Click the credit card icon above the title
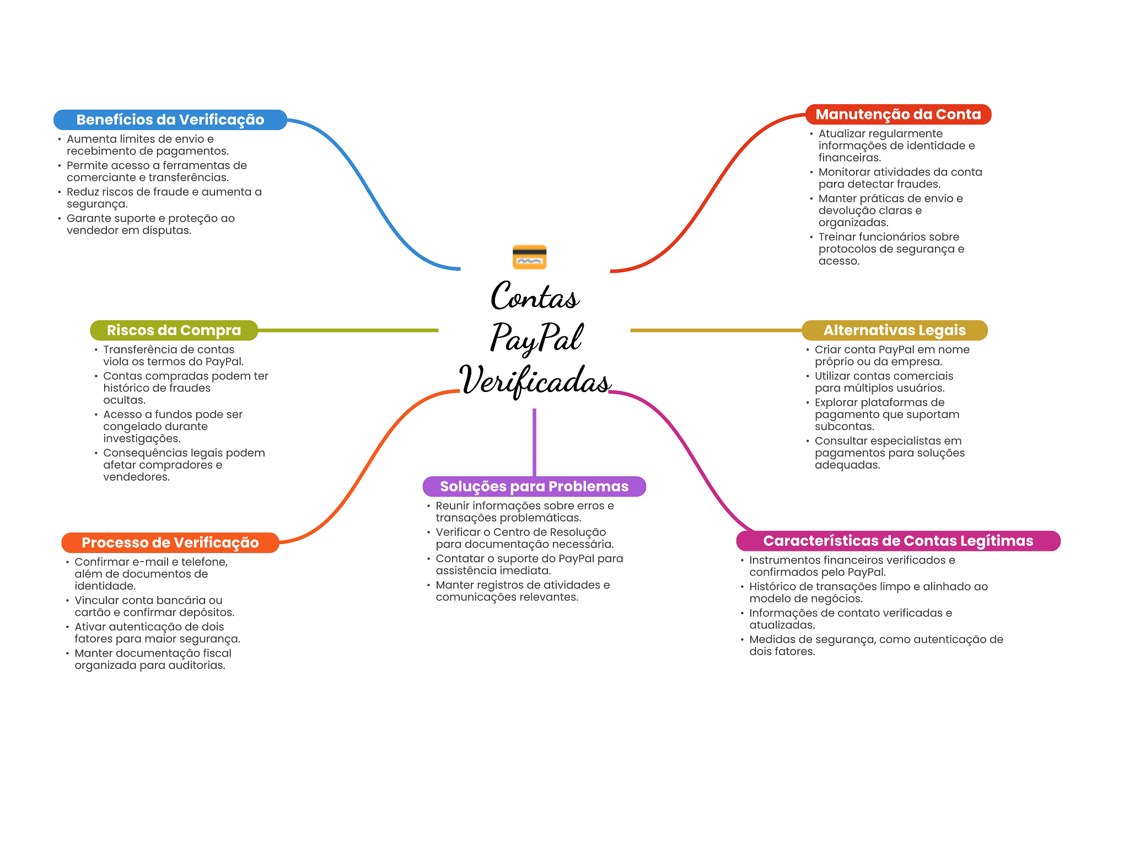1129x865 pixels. (x=529, y=257)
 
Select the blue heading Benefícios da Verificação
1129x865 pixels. (x=170, y=120)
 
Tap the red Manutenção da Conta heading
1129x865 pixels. (x=898, y=114)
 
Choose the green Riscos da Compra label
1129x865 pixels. (x=174, y=330)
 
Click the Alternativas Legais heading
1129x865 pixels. (x=894, y=330)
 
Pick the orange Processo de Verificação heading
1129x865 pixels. (x=170, y=542)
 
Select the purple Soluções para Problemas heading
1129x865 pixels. (x=534, y=486)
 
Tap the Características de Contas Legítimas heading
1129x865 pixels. (x=898, y=541)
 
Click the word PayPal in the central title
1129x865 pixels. (x=536, y=337)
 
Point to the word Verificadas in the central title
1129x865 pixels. (x=535, y=380)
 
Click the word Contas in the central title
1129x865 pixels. (x=535, y=297)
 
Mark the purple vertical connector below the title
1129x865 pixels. (x=534, y=441)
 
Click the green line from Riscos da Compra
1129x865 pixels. (x=347, y=330)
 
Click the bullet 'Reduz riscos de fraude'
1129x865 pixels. (x=164, y=198)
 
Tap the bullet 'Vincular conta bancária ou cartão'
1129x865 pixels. (x=154, y=606)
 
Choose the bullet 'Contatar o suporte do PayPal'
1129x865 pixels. (x=529, y=565)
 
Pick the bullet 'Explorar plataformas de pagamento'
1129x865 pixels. (x=886, y=415)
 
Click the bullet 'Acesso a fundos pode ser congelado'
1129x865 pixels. (x=173, y=426)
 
